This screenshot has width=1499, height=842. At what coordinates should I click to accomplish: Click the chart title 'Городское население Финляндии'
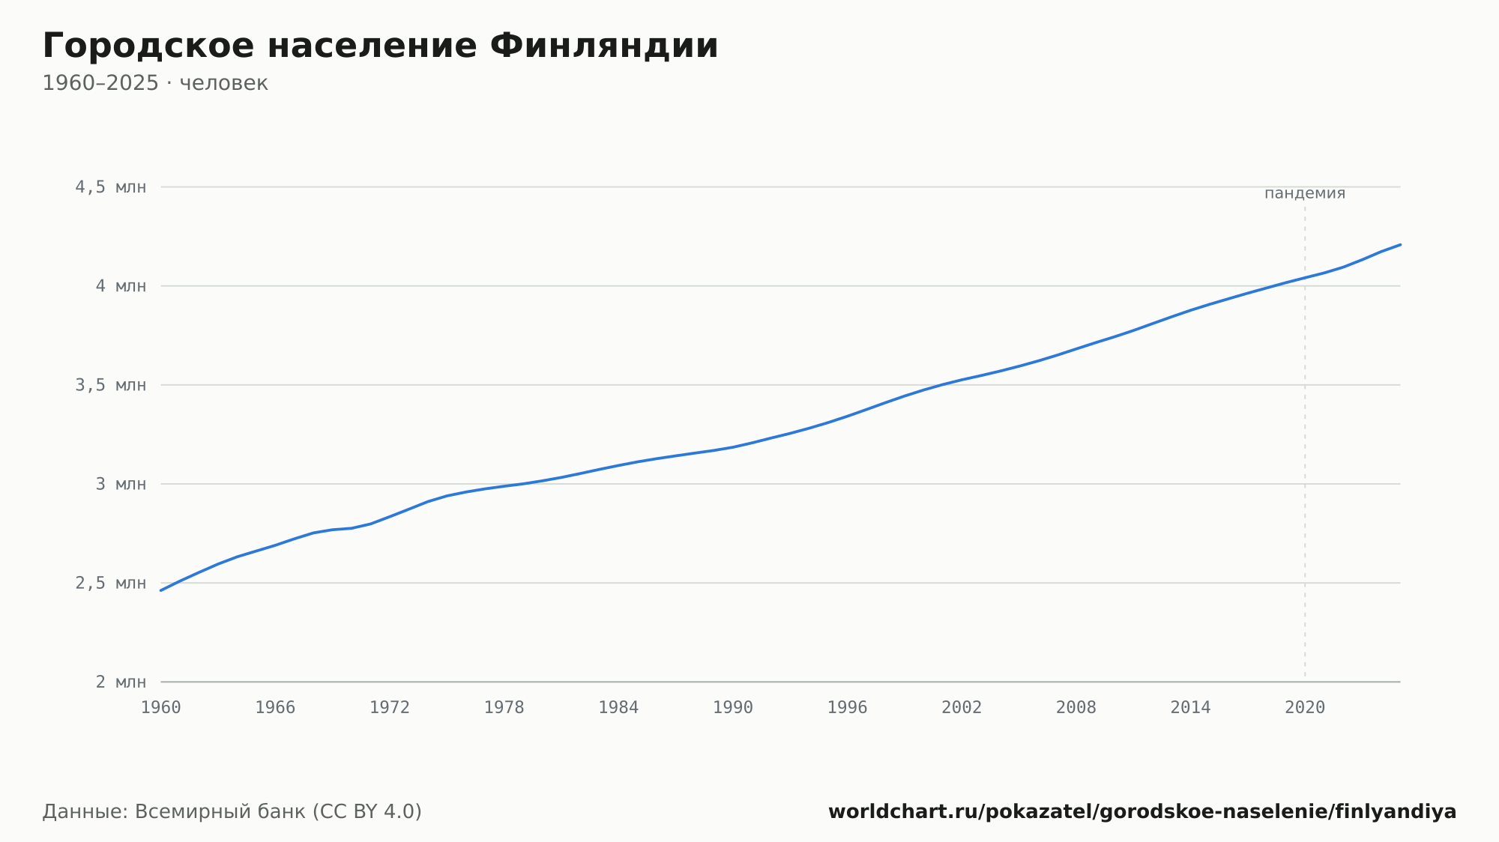(x=380, y=46)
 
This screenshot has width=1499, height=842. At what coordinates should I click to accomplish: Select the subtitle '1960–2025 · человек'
(x=155, y=83)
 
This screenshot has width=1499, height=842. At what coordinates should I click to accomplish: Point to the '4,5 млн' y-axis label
(x=111, y=187)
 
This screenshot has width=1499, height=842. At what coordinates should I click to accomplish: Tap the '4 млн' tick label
(x=121, y=286)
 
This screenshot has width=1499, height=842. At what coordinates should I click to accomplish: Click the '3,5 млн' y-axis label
(x=111, y=385)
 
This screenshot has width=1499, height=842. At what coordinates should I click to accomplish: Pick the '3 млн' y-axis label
(x=121, y=484)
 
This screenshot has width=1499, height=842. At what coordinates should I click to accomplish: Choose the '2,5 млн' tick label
(x=111, y=583)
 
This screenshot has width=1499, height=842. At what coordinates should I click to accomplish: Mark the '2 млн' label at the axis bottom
(x=121, y=682)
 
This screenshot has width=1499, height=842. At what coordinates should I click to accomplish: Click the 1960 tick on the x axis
(x=161, y=708)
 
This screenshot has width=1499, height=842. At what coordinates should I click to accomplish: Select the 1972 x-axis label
(x=390, y=708)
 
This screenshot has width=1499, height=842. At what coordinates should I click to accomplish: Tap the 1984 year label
(x=618, y=708)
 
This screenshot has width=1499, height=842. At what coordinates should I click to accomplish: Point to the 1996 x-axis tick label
(x=847, y=708)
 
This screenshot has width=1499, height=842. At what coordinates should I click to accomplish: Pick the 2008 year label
(x=1076, y=708)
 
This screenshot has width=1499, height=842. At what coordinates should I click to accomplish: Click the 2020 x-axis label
(x=1305, y=708)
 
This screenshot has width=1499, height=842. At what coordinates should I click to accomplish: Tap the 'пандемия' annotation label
(x=1305, y=193)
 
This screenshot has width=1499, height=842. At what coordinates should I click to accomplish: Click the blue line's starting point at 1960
(x=161, y=590)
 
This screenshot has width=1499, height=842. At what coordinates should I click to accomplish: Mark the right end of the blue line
(x=1400, y=244)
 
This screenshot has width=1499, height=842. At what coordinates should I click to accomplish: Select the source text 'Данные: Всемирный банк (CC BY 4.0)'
(x=232, y=812)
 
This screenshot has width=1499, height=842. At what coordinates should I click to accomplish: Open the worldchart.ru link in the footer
(x=1142, y=812)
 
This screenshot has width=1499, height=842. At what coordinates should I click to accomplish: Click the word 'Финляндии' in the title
(x=604, y=46)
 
